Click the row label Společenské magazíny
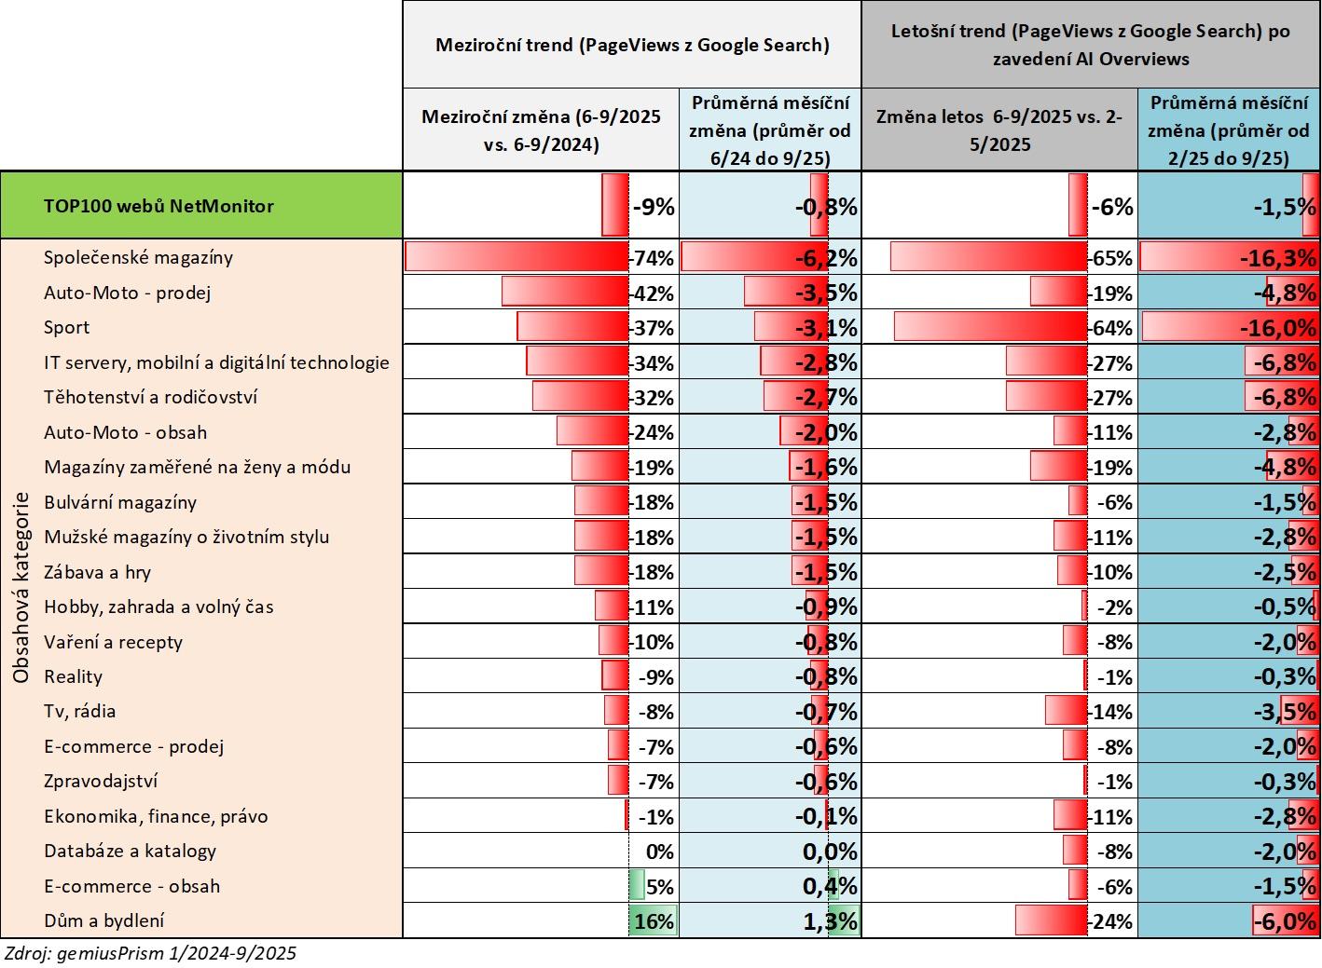click(138, 257)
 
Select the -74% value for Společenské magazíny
click(653, 258)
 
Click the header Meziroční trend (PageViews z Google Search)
click(632, 45)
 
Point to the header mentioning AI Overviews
click(1090, 45)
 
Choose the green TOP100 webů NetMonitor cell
click(201, 206)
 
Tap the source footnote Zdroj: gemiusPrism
click(150, 953)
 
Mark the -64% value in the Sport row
click(1110, 328)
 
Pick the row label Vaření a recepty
click(113, 642)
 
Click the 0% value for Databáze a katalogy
click(659, 852)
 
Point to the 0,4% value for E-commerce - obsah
click(830, 886)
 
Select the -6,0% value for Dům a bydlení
click(1284, 921)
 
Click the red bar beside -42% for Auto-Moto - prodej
click(565, 292)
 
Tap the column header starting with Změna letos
click(998, 130)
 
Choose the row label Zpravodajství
click(101, 781)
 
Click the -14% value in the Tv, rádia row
click(1110, 712)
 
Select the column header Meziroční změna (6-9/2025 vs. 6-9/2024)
click(541, 130)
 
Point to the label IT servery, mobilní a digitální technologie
click(216, 362)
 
